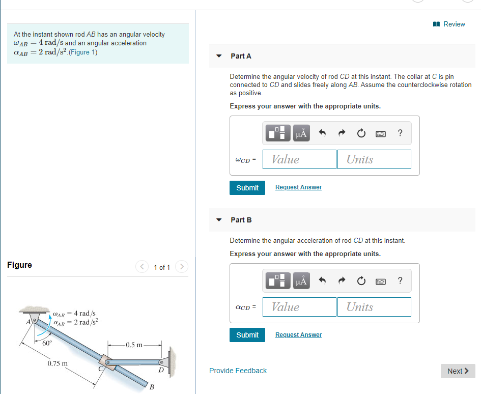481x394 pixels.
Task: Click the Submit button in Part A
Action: coord(247,188)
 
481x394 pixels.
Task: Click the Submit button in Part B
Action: coord(247,335)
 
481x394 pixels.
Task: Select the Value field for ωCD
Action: coord(300,159)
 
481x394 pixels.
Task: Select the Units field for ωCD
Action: coord(374,159)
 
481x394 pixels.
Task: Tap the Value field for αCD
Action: coord(300,307)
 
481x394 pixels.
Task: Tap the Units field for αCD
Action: coord(374,307)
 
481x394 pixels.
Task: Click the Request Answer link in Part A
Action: coord(298,187)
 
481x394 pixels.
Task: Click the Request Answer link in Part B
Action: coord(298,335)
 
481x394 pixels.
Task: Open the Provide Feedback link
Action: coord(238,371)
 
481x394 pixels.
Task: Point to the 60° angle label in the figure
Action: coord(47,343)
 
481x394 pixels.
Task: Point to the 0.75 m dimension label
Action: coord(58,364)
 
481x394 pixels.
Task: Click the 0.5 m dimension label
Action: coord(134,345)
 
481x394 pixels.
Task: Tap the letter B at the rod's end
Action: coord(151,387)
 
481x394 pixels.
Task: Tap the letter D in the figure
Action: coord(161,370)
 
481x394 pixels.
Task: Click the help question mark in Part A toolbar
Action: coord(400,133)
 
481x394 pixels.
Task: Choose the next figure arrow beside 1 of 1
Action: coord(182,266)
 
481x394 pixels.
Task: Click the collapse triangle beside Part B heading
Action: coord(219,220)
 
